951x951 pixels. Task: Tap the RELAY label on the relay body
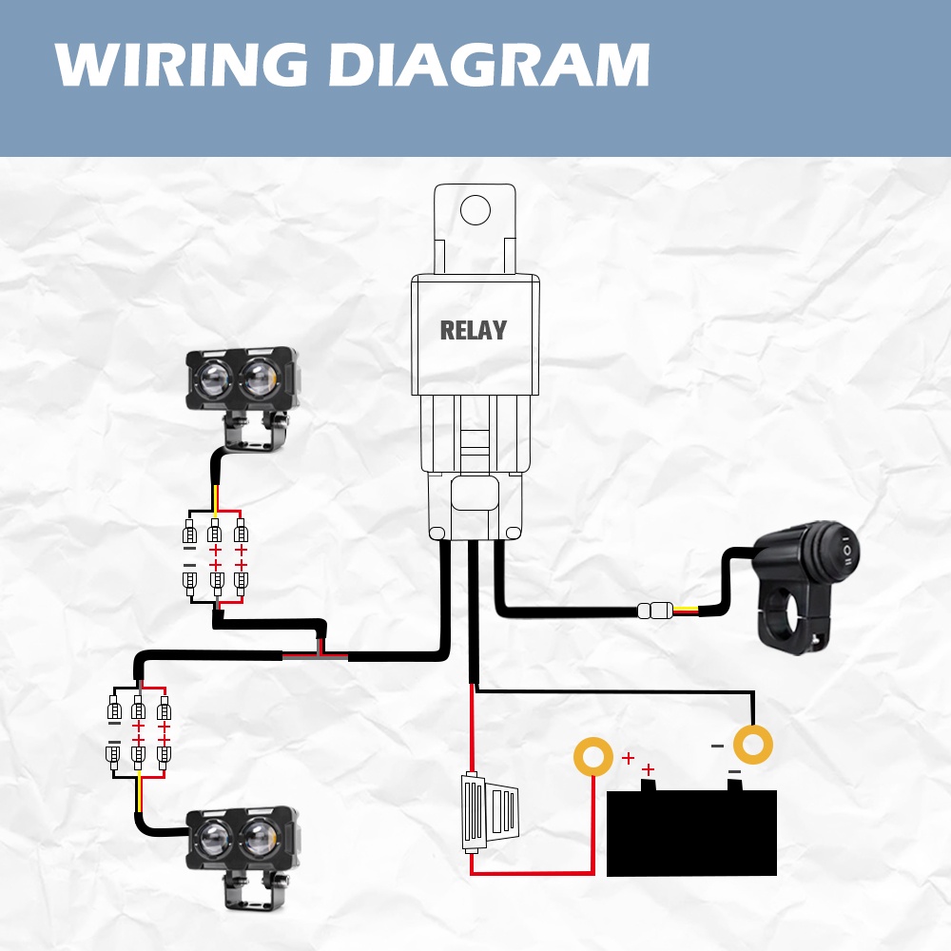pyautogui.click(x=473, y=331)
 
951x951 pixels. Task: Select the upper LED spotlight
pyautogui.click(x=243, y=380)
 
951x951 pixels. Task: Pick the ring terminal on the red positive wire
pyautogui.click(x=592, y=757)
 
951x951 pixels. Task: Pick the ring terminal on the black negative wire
pyautogui.click(x=752, y=745)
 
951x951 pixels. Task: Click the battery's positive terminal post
pyautogui.click(x=649, y=785)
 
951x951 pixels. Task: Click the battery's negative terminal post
pyautogui.click(x=734, y=785)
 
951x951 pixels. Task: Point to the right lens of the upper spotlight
pyautogui.click(x=259, y=378)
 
